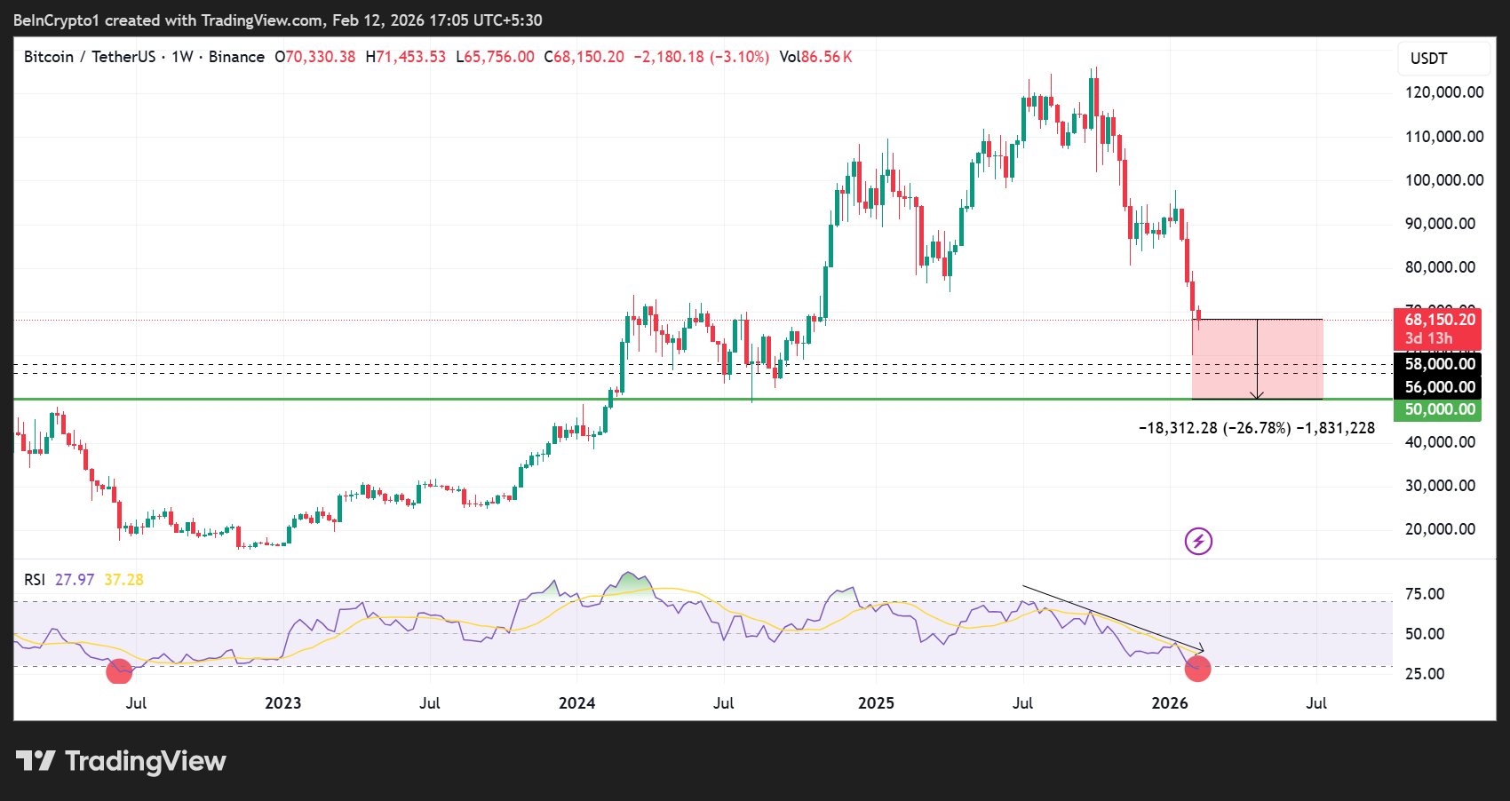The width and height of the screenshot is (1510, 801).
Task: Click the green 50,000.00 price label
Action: pyautogui.click(x=1439, y=409)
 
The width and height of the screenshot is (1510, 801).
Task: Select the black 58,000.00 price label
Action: pyautogui.click(x=1439, y=363)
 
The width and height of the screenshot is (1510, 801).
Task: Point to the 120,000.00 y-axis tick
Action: pyautogui.click(x=1443, y=92)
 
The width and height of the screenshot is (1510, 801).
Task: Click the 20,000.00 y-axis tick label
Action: pyautogui.click(x=1440, y=529)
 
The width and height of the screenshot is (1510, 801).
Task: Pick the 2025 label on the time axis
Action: pyautogui.click(x=876, y=703)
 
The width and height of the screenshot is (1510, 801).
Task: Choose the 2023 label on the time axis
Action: pyautogui.click(x=282, y=703)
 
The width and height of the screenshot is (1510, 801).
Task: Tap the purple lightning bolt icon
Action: pyautogui.click(x=1198, y=541)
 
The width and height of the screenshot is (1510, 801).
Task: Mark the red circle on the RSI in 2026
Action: pyautogui.click(x=1197, y=669)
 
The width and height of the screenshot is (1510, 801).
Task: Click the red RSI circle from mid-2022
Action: pyautogui.click(x=119, y=671)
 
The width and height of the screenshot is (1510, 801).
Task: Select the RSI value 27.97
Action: pyautogui.click(x=75, y=580)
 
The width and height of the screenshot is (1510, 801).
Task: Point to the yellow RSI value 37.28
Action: pyautogui.click(x=123, y=580)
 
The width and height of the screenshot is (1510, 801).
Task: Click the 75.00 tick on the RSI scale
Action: pyautogui.click(x=1425, y=594)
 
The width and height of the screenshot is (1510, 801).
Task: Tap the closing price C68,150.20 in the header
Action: pyautogui.click(x=584, y=57)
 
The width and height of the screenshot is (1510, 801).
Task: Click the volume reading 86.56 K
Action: pyautogui.click(x=826, y=57)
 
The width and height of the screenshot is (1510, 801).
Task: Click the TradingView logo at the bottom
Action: pyautogui.click(x=122, y=761)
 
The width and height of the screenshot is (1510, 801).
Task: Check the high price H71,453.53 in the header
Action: pyautogui.click(x=406, y=57)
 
